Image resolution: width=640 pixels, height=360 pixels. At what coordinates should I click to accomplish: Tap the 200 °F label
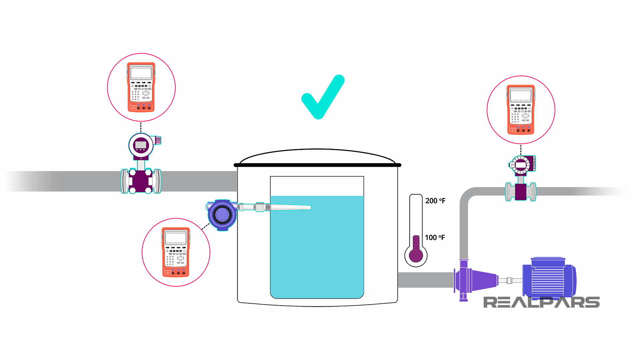[x=435, y=201]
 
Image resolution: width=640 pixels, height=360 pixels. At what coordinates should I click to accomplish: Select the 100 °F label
[x=435, y=237]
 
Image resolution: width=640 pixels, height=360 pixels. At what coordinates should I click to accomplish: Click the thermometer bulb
[x=416, y=255]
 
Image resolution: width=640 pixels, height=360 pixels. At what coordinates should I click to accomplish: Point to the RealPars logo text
[x=541, y=302]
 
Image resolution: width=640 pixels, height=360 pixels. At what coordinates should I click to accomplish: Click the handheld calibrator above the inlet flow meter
[x=141, y=87]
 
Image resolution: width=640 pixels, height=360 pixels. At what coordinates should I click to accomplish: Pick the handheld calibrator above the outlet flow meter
[x=521, y=110]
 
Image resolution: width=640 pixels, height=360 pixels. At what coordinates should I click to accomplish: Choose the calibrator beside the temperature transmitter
[x=176, y=252]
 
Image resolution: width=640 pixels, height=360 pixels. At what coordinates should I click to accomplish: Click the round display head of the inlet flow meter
[x=141, y=145]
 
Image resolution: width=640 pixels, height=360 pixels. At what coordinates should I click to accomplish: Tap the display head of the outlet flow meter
[x=521, y=165]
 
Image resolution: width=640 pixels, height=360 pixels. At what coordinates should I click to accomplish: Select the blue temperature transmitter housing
[x=222, y=215]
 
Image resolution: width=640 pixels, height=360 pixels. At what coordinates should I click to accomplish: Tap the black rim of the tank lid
[x=317, y=165]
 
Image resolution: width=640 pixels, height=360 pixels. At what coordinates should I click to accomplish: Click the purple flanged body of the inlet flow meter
[x=141, y=181]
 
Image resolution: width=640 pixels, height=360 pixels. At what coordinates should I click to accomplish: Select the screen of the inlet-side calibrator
[x=141, y=73]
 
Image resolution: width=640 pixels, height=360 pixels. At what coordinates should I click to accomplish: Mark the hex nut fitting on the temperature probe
[x=260, y=207]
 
